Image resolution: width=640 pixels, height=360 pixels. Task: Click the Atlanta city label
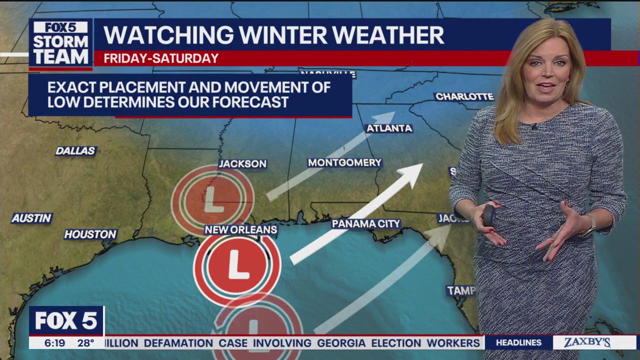point(389,128)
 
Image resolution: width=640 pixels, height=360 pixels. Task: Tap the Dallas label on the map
point(75,150)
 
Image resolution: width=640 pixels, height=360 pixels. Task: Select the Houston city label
point(90,234)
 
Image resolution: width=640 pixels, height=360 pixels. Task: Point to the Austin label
point(32,218)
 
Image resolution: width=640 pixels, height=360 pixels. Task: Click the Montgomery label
point(344,162)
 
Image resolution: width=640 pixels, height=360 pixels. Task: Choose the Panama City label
point(366,224)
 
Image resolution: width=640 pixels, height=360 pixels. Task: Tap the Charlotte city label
point(464,96)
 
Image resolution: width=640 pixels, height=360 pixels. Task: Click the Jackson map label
point(242,163)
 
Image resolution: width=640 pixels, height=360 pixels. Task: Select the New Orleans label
point(240,230)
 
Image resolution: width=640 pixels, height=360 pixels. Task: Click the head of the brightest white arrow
point(414,172)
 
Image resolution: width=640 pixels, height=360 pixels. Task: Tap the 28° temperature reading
point(85,343)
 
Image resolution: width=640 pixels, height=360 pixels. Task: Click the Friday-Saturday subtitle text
point(161,58)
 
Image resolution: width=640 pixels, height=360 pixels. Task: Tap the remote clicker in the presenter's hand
point(488,215)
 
